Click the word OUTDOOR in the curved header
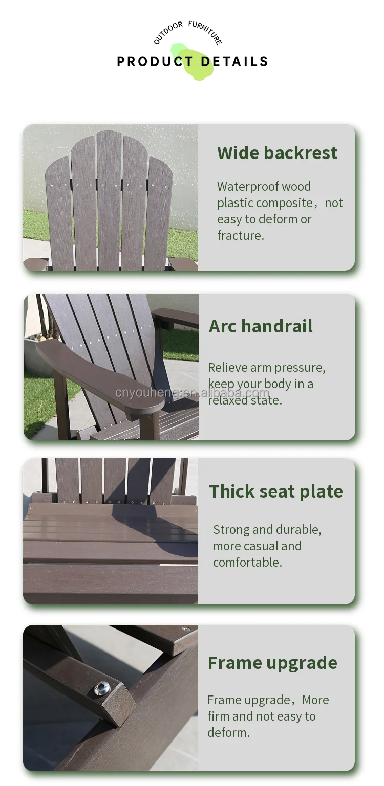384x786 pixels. click(x=167, y=33)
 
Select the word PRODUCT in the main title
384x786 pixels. click(x=155, y=62)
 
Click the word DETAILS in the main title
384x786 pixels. click(x=234, y=62)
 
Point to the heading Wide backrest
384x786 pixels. click(x=277, y=152)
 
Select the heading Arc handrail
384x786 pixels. click(x=261, y=326)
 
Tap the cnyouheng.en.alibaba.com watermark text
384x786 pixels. click(x=192, y=393)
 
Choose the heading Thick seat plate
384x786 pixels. click(x=276, y=491)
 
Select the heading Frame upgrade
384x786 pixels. click(x=272, y=663)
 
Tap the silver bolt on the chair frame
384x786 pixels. click(x=102, y=689)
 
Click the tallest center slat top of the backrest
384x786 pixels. click(x=109, y=135)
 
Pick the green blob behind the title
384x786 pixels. click(x=192, y=62)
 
